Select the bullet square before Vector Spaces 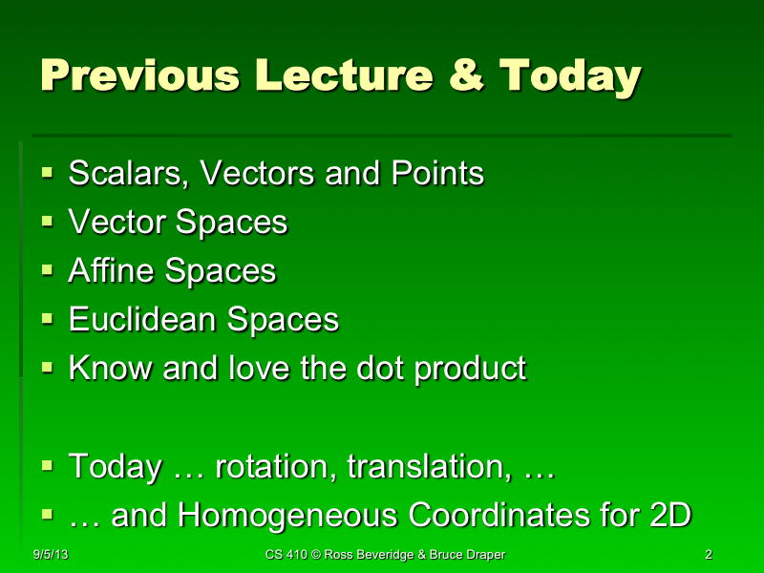click(x=48, y=222)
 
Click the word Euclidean click(x=144, y=320)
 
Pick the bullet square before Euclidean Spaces click(x=48, y=319)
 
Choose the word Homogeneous click(x=290, y=516)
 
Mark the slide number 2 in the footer click(x=708, y=555)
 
